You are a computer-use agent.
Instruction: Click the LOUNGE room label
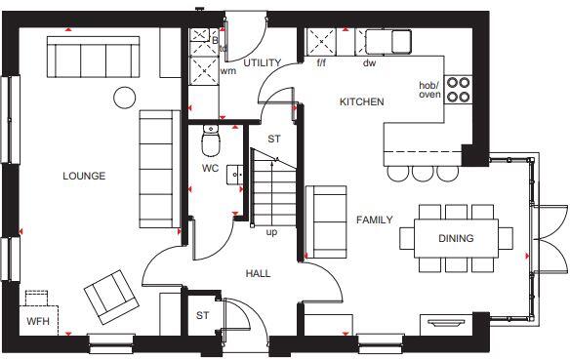click(84, 177)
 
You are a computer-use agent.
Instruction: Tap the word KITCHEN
click(361, 102)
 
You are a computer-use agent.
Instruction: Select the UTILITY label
click(263, 63)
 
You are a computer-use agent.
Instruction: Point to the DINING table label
click(456, 238)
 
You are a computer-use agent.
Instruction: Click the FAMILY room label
click(374, 220)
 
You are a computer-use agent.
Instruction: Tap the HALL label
click(258, 273)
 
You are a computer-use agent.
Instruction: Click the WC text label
click(210, 169)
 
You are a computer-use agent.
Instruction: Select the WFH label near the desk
click(38, 320)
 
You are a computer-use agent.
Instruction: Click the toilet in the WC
click(211, 144)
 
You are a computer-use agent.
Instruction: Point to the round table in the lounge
click(124, 98)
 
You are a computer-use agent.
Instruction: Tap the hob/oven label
click(429, 90)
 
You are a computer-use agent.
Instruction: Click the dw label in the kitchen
click(370, 64)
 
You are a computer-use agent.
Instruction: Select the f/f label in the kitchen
click(320, 64)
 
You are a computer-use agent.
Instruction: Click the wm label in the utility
click(227, 70)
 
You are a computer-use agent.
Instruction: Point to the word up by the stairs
click(271, 232)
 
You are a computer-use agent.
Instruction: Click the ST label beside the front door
click(202, 315)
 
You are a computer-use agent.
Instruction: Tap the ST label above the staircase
click(274, 140)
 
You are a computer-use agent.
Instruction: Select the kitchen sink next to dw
click(388, 41)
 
